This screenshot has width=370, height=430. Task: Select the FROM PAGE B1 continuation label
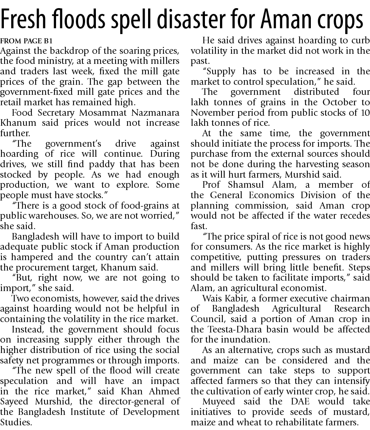pos(26,41)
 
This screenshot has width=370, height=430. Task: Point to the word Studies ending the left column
pos(16,422)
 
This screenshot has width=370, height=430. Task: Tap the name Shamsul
pos(241,185)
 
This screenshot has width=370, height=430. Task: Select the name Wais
pos(211,298)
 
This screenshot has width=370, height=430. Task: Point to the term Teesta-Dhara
pos(232,329)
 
